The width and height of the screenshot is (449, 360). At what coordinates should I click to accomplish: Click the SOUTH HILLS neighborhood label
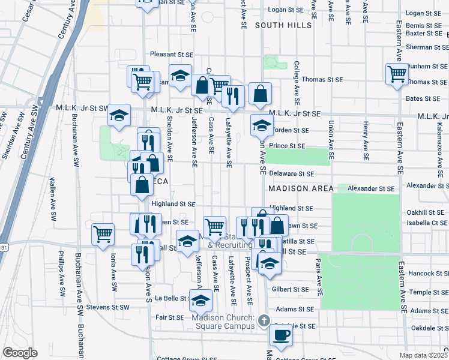point(283,25)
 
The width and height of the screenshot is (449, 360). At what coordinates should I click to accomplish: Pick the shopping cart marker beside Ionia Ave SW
point(103,233)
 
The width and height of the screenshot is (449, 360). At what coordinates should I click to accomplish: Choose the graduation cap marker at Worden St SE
point(261,125)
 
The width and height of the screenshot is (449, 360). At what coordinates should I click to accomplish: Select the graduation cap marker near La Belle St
point(200,300)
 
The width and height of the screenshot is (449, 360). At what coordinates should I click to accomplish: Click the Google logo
point(20,353)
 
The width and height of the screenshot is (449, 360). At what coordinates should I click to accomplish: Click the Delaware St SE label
point(291,173)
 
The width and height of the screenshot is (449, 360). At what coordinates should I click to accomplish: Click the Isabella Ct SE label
point(427,221)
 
